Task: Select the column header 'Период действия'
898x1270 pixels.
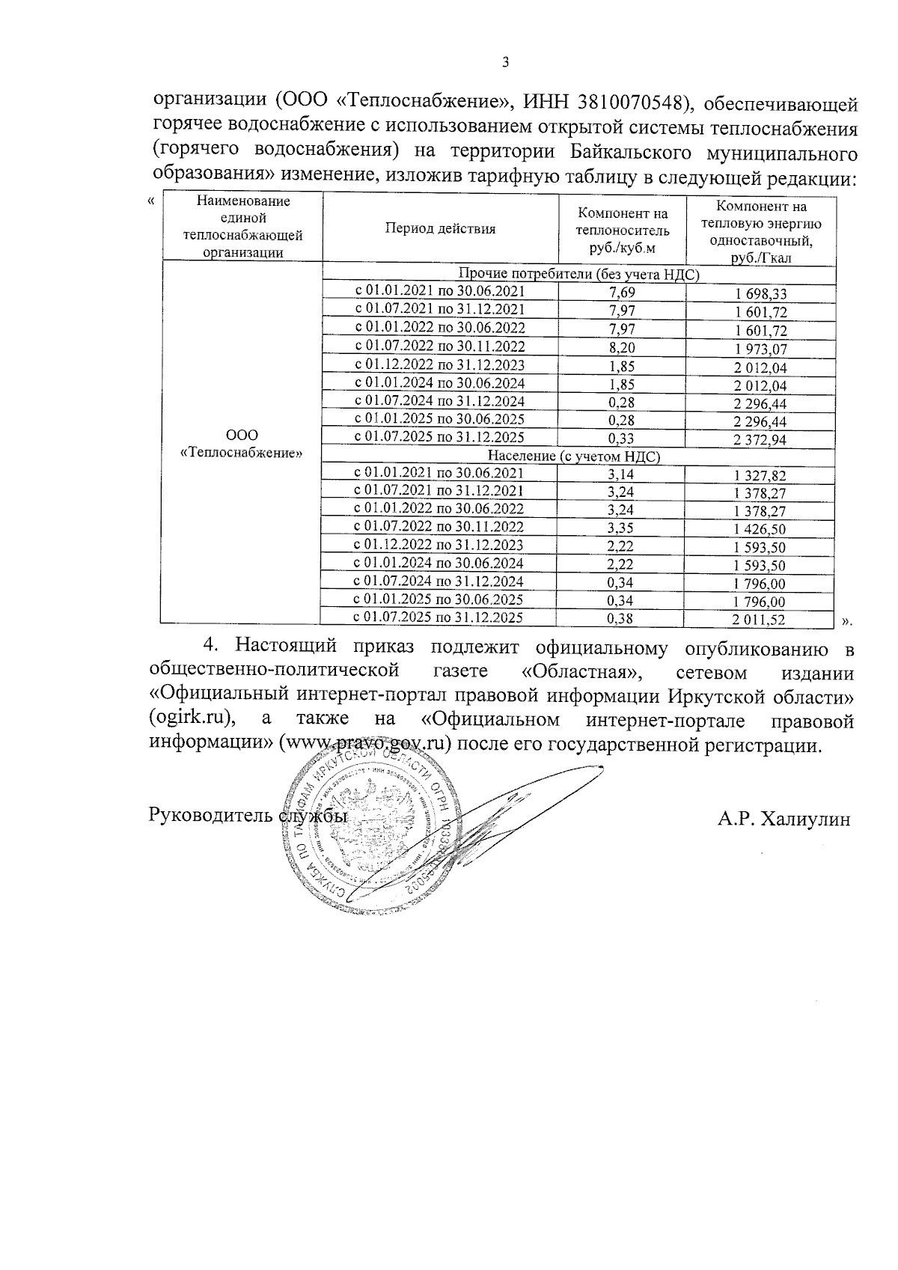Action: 440,229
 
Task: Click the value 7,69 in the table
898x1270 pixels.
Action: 622,292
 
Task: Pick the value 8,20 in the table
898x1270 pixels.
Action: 622,346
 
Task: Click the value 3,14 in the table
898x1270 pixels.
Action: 622,474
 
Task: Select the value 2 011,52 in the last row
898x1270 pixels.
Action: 760,620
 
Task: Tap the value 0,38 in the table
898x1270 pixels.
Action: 622,619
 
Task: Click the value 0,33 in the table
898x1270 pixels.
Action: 622,439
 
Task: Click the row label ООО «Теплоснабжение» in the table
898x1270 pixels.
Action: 242,444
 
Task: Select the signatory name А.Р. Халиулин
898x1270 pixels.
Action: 784,819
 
